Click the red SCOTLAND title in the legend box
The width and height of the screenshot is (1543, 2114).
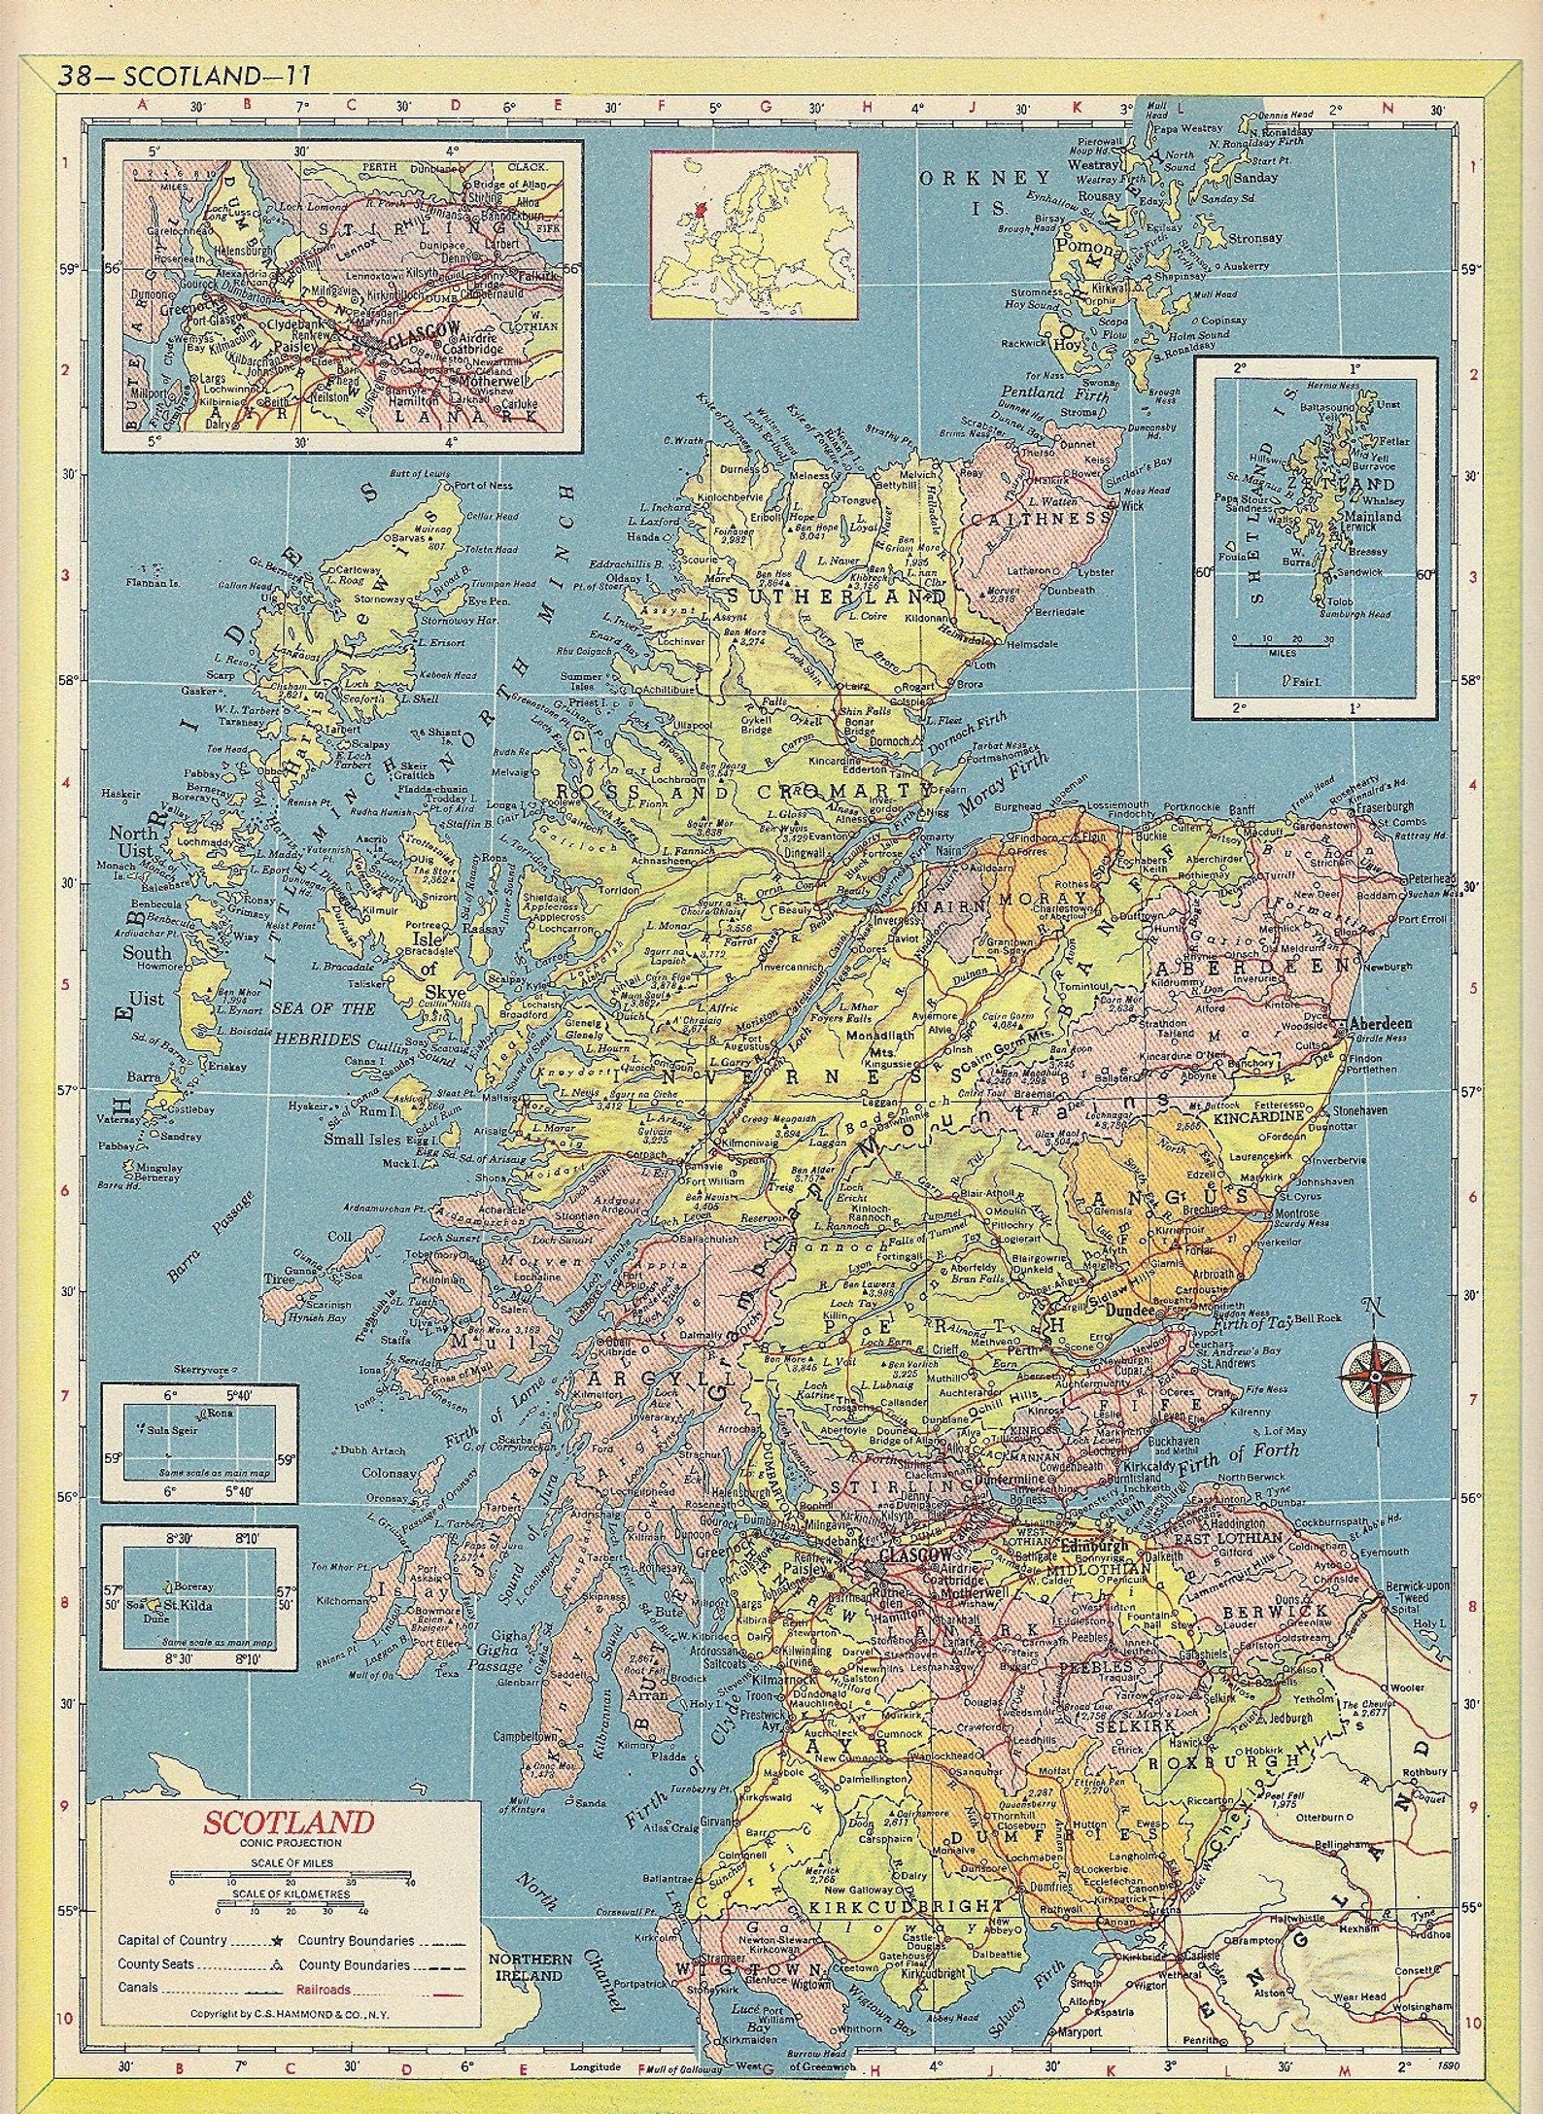point(274,1820)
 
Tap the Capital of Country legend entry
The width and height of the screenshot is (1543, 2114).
point(172,1914)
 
